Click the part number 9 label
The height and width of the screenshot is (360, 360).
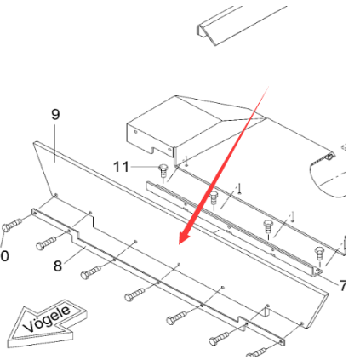[55, 113]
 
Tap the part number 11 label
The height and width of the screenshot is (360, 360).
[123, 167]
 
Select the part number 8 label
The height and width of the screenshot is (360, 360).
[58, 266]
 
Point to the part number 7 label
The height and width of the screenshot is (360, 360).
[342, 285]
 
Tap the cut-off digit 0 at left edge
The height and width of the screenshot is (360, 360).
[3, 254]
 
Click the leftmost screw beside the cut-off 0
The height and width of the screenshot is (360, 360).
[13, 226]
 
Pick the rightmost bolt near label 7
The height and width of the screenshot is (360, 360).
[319, 252]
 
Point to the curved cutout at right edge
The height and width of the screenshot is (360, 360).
[328, 183]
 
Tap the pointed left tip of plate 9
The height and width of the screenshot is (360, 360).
[33, 145]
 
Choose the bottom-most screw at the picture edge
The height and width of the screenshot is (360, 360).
[259, 351]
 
